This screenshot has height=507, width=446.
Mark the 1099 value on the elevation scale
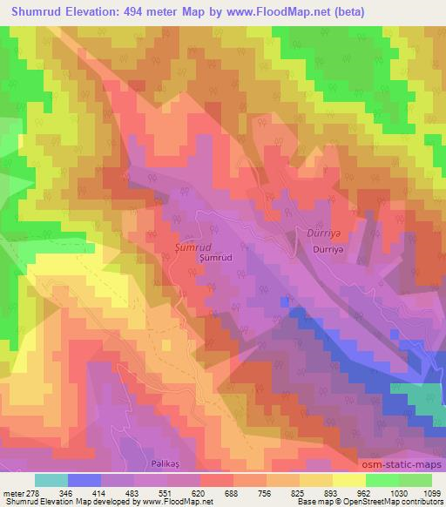(431, 495)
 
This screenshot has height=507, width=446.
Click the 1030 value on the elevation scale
(398, 495)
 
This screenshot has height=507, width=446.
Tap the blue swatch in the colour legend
(84, 480)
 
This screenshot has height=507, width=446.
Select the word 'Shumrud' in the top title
(29, 11)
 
